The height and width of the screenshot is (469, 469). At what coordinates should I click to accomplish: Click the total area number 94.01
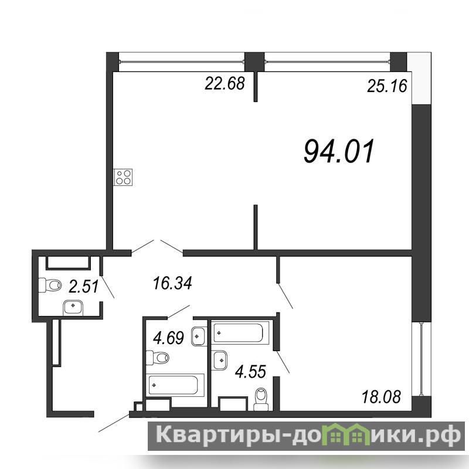pyautogui.click(x=339, y=151)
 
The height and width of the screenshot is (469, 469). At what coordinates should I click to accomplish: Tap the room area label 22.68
pyautogui.click(x=225, y=83)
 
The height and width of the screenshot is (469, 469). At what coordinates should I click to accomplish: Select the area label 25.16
pyautogui.click(x=387, y=86)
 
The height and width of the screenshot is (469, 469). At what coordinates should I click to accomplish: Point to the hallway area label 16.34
pyautogui.click(x=172, y=283)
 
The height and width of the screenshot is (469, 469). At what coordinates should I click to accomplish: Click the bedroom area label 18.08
pyautogui.click(x=381, y=397)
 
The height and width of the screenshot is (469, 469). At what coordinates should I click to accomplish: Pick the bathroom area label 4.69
pyautogui.click(x=168, y=338)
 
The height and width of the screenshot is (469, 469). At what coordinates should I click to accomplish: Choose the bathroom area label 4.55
pyautogui.click(x=250, y=372)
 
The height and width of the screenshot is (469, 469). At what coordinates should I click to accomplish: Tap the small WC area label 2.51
pyautogui.click(x=83, y=286)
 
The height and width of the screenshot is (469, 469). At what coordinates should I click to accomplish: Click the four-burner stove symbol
pyautogui.click(x=123, y=178)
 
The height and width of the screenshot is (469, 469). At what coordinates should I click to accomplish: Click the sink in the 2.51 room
pyautogui.click(x=73, y=308)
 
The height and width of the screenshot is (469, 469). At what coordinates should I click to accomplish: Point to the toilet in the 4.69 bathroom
pyautogui.click(x=157, y=358)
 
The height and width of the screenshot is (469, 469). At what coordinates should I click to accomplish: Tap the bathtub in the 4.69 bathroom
pyautogui.click(x=175, y=385)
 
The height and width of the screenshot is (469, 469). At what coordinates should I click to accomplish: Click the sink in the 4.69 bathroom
pyautogui.click(x=198, y=337)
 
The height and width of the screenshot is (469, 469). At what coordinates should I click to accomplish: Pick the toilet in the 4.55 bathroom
pyautogui.click(x=261, y=399)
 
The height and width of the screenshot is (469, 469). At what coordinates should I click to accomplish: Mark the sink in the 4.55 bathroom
pyautogui.click(x=219, y=360)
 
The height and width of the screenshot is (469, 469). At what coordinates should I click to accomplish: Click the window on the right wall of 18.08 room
pyautogui.click(x=421, y=359)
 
